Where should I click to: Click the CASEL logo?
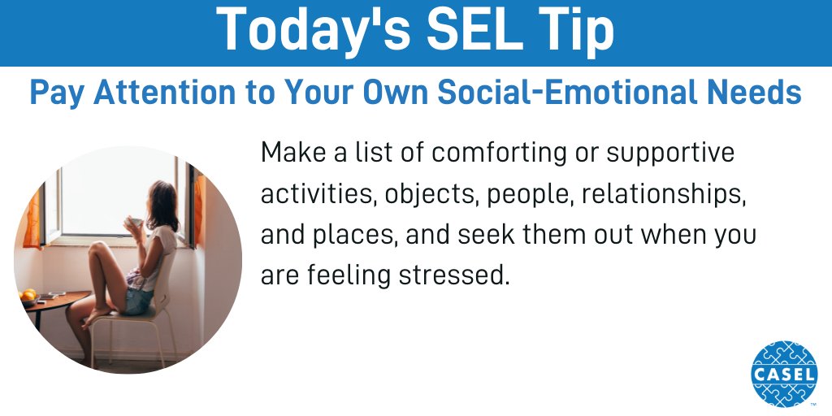pos(783,373)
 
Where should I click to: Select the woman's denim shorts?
pos(136,299)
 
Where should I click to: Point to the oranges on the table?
pos(29,294)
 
